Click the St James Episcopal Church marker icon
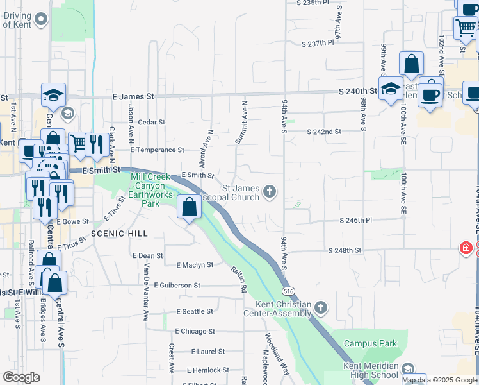[x=270, y=191]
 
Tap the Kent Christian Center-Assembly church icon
[x=321, y=309]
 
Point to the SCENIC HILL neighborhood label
[x=119, y=234]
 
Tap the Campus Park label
[x=367, y=343]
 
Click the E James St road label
[x=133, y=96]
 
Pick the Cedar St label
[x=152, y=122]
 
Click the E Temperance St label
[x=157, y=150]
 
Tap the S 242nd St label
[x=324, y=132]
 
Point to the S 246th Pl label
[x=355, y=219]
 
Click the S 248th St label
[x=345, y=250]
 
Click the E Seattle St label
[x=195, y=311]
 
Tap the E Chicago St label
[x=195, y=331]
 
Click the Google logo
[x=22, y=377]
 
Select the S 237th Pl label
[x=318, y=44]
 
